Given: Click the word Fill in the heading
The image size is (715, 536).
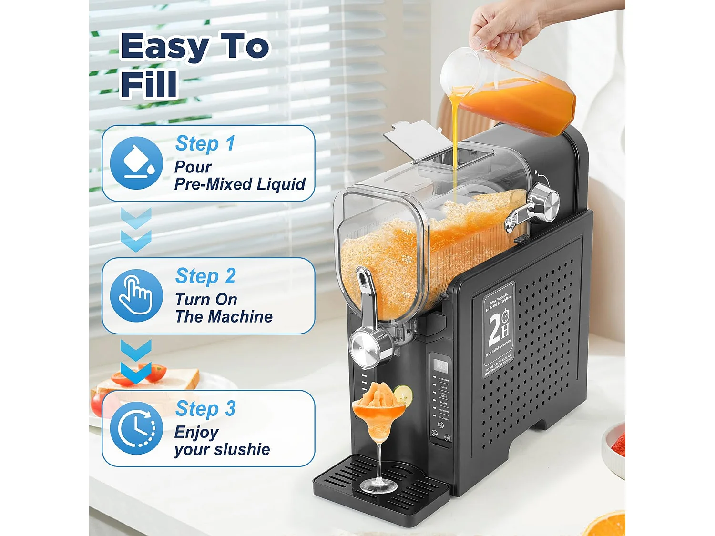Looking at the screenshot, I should pyautogui.click(x=148, y=84).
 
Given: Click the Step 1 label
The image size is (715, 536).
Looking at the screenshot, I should pyautogui.click(x=205, y=143).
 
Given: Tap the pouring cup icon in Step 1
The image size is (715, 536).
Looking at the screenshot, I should pyautogui.click(x=136, y=163).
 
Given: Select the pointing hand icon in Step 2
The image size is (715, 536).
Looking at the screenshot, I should pyautogui.click(x=136, y=295).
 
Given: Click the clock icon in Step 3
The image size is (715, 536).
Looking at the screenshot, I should pyautogui.click(x=136, y=428).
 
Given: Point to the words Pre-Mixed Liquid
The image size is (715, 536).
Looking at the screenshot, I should pyautogui.click(x=239, y=184).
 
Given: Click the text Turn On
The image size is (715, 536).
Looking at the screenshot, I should pyautogui.click(x=206, y=300).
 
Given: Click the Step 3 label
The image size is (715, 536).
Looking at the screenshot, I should pyautogui.click(x=205, y=409).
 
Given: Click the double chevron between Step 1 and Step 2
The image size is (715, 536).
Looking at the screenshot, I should pyautogui.click(x=136, y=229).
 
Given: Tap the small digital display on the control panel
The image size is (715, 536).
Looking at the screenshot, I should pyautogui.click(x=441, y=365).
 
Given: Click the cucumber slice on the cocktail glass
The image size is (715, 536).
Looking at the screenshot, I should pyautogui.click(x=403, y=394).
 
